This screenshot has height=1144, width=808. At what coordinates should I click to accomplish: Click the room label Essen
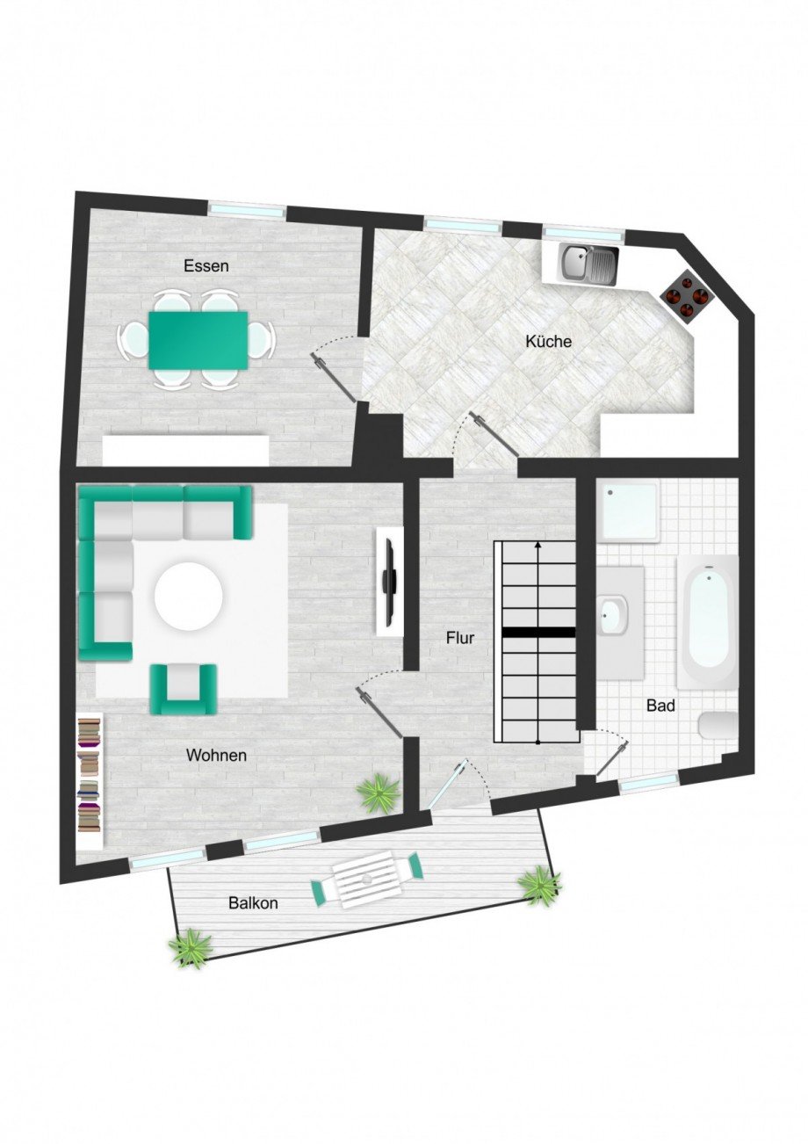click(206, 265)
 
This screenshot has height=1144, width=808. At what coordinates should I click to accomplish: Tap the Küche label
click(549, 341)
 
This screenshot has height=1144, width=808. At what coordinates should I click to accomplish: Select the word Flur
click(459, 638)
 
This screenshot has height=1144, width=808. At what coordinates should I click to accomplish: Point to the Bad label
click(660, 705)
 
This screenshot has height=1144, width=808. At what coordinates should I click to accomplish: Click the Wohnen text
click(216, 755)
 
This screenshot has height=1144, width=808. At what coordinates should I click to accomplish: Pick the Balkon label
click(254, 902)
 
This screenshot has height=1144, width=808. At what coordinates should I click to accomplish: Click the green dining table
click(198, 340)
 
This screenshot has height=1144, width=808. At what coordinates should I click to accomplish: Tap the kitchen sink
click(590, 261)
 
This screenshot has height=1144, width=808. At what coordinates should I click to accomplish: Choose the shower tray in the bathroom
click(627, 513)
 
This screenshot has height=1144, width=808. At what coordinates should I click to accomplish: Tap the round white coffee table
click(189, 597)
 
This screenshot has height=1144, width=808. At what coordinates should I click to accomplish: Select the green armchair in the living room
click(184, 688)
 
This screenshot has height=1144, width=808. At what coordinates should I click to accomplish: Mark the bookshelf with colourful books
click(90, 776)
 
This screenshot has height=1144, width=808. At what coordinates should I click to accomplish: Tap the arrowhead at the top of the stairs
click(538, 546)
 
